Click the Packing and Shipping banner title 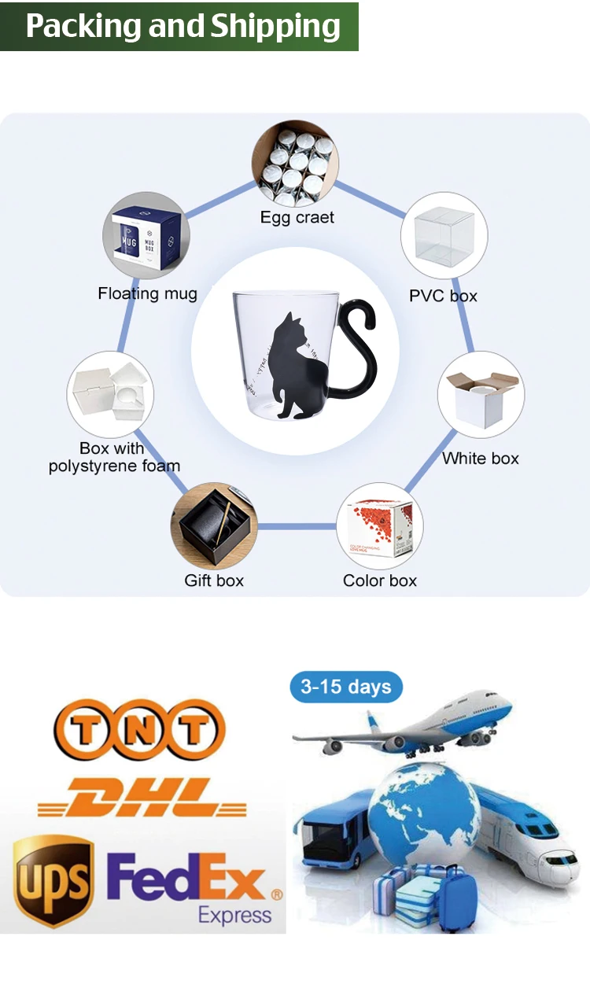point(183,26)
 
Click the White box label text point(481,458)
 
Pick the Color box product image point(379,525)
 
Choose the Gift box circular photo point(214,526)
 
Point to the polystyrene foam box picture point(111,395)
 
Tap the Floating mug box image point(146,235)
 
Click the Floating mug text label point(147,293)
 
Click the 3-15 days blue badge point(346,687)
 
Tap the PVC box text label point(443,296)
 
